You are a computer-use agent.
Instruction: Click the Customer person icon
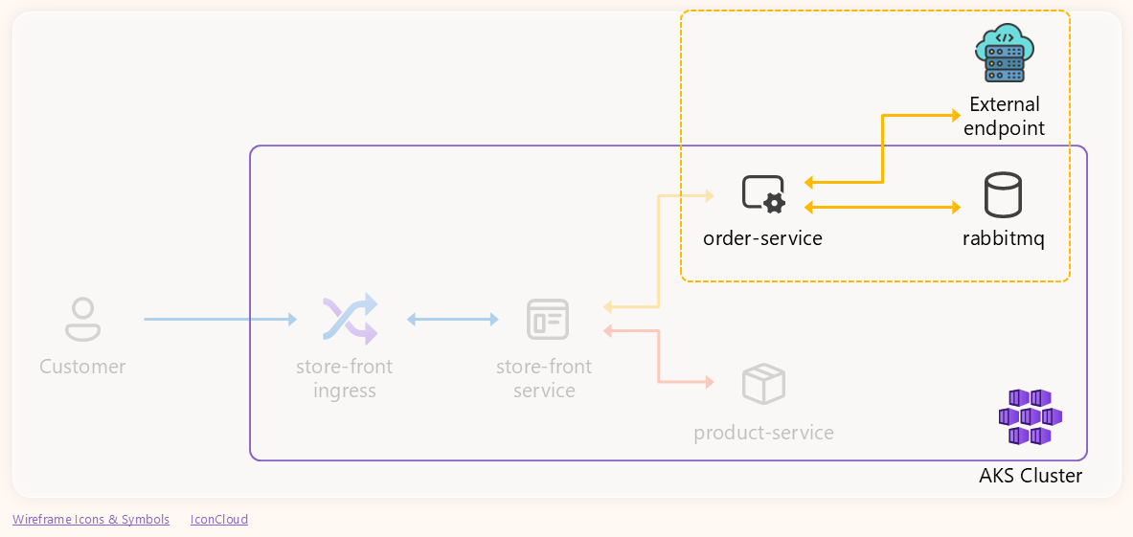[82, 319]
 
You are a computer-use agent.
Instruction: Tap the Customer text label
[82, 367]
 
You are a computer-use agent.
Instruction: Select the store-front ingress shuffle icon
[350, 319]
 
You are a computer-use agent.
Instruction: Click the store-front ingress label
[345, 378]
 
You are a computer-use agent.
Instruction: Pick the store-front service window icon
[548, 319]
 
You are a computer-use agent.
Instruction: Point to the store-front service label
[544, 378]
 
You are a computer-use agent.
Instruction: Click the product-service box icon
[763, 384]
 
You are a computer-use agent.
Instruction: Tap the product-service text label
[763, 433]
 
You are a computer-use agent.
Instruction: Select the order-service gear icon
[763, 193]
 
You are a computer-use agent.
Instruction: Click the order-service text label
[762, 238]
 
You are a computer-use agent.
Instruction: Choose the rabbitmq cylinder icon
[1003, 194]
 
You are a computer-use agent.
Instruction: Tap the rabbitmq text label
[1003, 238]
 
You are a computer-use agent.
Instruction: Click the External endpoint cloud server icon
[1004, 54]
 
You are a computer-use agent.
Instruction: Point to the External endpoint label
[1004, 116]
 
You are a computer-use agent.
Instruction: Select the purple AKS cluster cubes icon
[1030, 416]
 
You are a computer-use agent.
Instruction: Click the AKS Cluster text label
[1031, 476]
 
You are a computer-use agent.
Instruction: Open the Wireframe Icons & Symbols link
[91, 520]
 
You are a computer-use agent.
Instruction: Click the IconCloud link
[219, 520]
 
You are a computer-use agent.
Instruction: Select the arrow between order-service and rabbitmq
[882, 207]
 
